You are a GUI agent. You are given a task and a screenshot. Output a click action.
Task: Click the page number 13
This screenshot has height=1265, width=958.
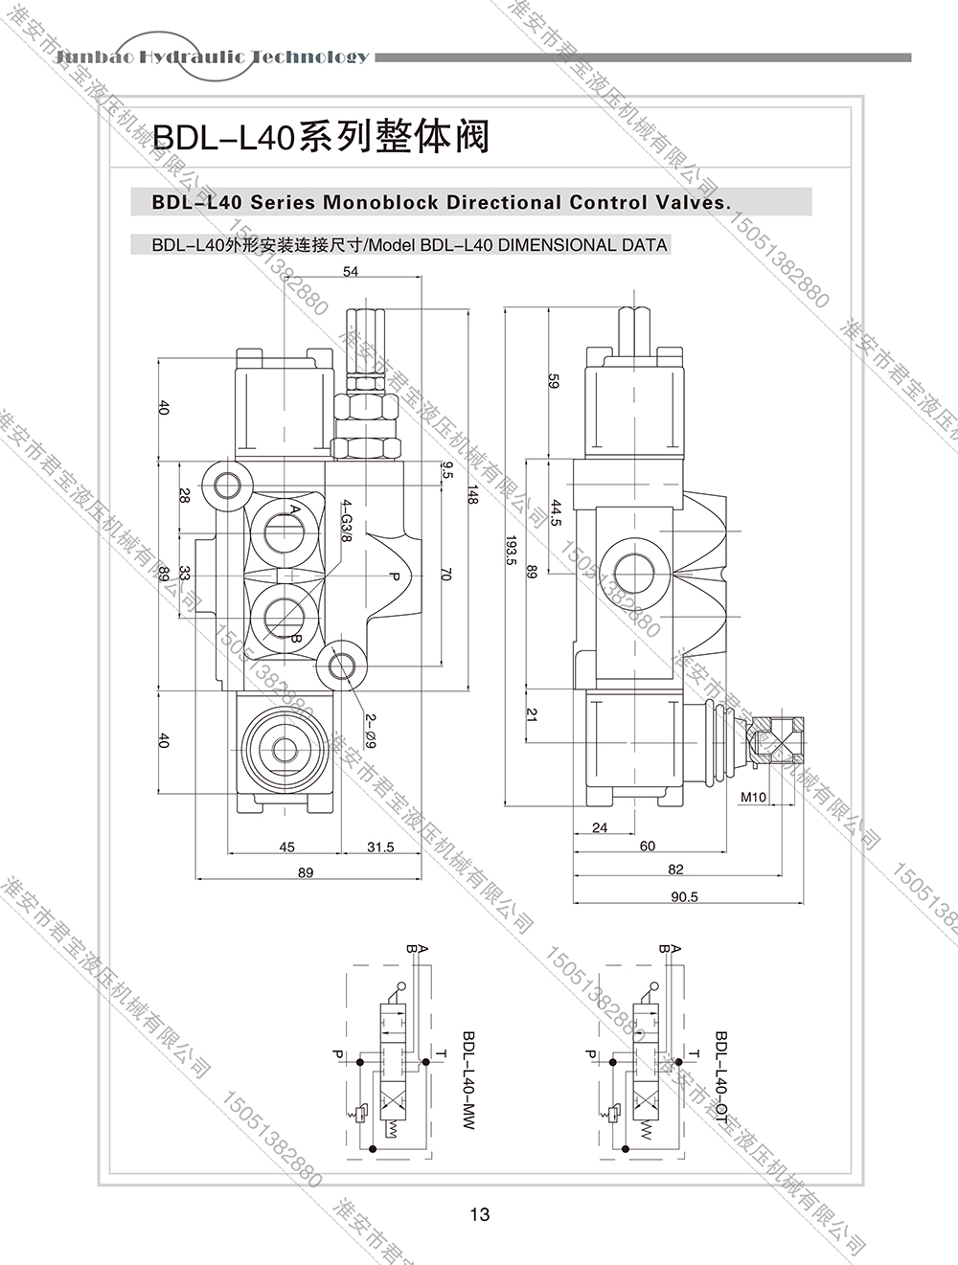tap(480, 1214)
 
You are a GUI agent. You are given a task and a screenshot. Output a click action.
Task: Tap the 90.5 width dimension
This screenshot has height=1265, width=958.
tap(684, 897)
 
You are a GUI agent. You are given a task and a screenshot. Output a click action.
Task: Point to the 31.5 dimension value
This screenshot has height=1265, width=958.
tap(380, 847)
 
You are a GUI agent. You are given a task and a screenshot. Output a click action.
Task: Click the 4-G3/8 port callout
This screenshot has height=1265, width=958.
tap(347, 522)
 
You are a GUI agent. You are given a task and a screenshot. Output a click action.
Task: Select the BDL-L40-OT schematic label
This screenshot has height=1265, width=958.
tap(721, 1078)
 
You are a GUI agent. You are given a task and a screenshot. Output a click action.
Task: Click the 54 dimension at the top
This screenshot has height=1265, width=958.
tap(350, 273)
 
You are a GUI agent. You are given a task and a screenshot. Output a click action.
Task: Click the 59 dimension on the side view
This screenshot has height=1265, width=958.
tap(552, 380)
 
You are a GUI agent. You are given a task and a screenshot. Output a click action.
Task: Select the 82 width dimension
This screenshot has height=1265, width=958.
tap(676, 870)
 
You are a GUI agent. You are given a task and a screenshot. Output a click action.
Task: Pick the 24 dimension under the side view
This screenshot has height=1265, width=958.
tap(600, 828)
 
